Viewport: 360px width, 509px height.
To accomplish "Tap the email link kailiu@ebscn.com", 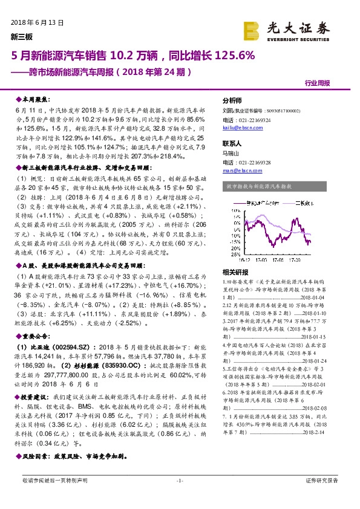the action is (x=238, y=128).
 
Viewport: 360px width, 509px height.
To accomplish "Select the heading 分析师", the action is (x=232, y=100).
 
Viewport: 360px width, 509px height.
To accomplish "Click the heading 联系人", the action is (x=232, y=144).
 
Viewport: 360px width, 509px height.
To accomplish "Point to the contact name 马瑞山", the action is (x=232, y=154).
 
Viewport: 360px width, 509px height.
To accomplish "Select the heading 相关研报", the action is (x=233, y=272).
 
